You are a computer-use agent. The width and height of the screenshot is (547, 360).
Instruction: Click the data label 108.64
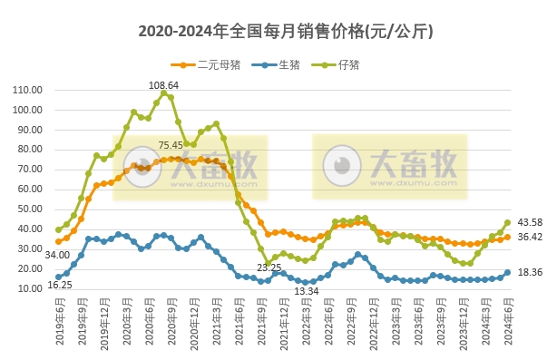pyautogui.click(x=164, y=84)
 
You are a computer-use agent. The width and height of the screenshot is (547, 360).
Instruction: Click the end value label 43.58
pyautogui.click(x=530, y=222)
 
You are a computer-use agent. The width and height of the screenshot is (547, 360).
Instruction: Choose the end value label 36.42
pyautogui.click(x=530, y=238)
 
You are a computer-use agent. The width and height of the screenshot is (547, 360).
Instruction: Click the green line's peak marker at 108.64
pyautogui.click(x=164, y=92)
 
